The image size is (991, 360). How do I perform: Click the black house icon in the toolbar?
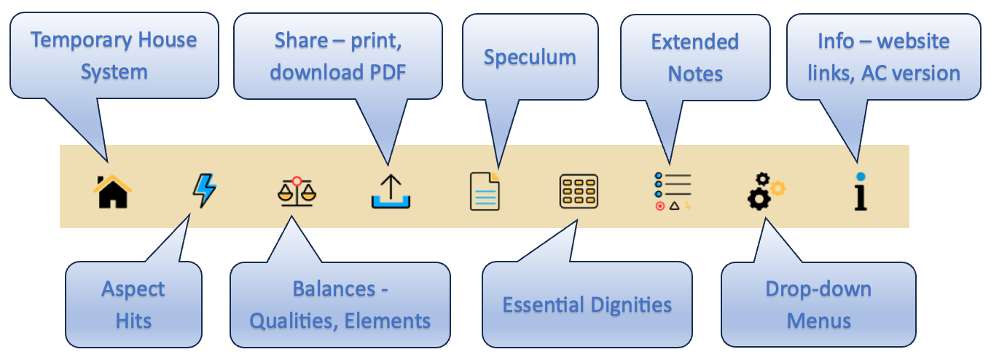pos(111,192)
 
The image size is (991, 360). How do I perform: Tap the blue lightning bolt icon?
pos(204,191)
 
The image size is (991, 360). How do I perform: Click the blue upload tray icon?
pos(391,192)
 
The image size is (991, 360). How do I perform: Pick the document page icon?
pos(485,192)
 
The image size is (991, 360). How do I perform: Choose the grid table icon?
pos(579,192)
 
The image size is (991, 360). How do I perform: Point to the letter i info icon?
pos(861,192)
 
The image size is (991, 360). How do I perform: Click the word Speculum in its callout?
pos(530,58)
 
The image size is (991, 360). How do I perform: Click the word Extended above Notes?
pos(694,42)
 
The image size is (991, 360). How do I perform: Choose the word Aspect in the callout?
pos(133,289)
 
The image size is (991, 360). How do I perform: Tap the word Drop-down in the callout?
pos(818,289)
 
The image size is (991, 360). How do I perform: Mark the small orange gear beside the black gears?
pos(778,189)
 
